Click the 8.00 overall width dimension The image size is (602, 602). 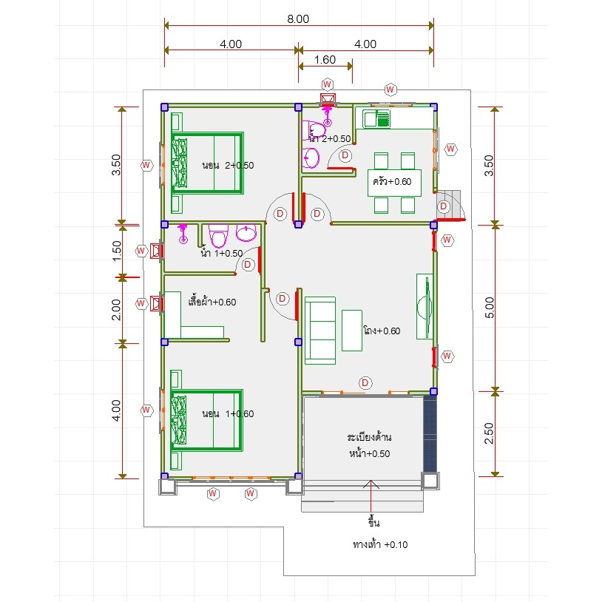pyautogui.click(x=298, y=18)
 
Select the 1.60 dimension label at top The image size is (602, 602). pyautogui.click(x=325, y=59)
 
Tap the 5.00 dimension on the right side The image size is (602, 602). pyautogui.click(x=489, y=308)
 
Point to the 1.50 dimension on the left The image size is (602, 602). pyautogui.click(x=116, y=251)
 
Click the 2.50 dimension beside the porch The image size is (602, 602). pyautogui.click(x=489, y=433)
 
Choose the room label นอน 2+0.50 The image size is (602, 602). pyautogui.click(x=228, y=166)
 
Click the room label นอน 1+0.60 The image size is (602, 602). pyautogui.click(x=228, y=413)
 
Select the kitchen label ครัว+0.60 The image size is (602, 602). pyautogui.click(x=392, y=181)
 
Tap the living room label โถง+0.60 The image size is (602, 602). pyautogui.click(x=382, y=331)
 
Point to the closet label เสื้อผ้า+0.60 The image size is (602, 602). pyautogui.click(x=212, y=302)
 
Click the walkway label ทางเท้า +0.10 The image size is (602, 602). pyautogui.click(x=380, y=544)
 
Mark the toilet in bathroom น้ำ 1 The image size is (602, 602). pyautogui.click(x=218, y=236)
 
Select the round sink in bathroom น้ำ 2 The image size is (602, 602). pyautogui.click(x=311, y=158)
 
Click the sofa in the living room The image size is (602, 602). pyautogui.click(x=320, y=330)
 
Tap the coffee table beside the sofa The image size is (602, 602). pyautogui.click(x=352, y=331)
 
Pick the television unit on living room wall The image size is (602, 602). pyautogui.click(x=425, y=306)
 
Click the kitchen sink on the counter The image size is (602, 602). pyautogui.click(x=376, y=118)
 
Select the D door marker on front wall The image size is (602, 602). pyautogui.click(x=365, y=383)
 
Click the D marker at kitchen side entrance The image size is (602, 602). pyautogui.click(x=444, y=206)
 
